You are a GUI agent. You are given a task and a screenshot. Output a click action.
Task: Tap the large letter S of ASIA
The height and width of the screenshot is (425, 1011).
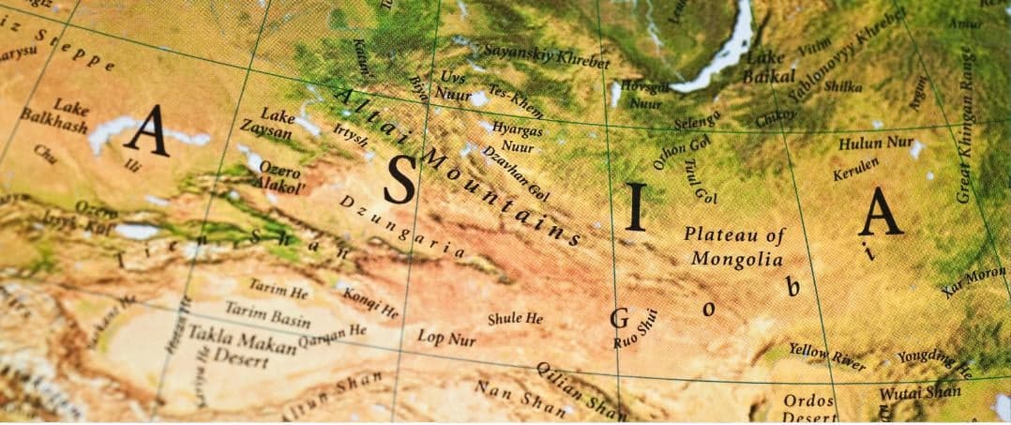400,180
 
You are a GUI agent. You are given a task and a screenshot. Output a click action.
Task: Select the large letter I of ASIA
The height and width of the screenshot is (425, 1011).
636,206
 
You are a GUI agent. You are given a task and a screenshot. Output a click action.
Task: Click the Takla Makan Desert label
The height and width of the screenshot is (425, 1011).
241,345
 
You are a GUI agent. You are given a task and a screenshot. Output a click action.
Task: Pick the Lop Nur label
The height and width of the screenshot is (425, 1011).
445,338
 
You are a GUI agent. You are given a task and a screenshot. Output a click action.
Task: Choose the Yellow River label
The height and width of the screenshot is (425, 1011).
826,357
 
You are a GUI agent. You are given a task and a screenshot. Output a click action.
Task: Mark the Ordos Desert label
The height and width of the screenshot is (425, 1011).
809,408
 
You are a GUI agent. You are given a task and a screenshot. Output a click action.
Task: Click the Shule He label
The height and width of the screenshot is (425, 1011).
515,319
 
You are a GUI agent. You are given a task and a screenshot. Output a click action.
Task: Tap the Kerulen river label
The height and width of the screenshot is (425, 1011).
856,169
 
